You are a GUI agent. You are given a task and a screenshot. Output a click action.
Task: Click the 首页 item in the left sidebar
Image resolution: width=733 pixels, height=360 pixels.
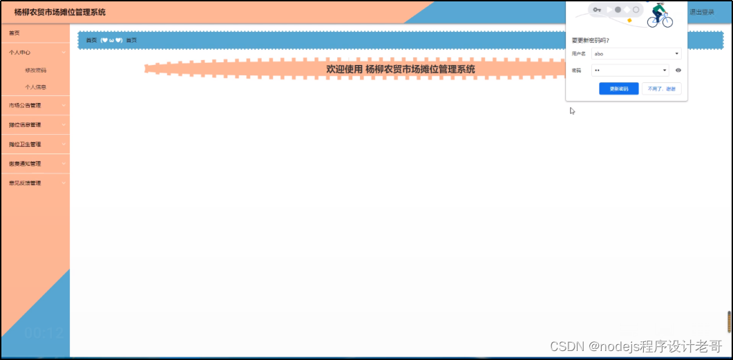[x=15, y=33]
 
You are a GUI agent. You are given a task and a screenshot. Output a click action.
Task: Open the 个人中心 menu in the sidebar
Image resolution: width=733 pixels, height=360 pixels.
[x=20, y=52]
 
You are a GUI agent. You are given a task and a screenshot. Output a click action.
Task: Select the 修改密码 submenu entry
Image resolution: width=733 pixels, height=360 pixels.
[x=36, y=70]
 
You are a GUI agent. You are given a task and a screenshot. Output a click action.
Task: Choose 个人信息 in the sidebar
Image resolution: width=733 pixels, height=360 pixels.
[x=36, y=88]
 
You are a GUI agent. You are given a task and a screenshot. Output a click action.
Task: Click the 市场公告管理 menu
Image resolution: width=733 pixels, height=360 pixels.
[x=25, y=106]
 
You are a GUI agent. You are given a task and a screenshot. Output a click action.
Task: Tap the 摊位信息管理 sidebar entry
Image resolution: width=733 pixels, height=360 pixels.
[x=25, y=125]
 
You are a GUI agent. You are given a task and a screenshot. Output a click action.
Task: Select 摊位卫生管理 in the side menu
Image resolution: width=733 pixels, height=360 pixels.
[x=25, y=144]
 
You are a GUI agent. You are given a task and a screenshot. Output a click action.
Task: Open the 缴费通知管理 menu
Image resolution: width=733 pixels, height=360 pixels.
[x=25, y=164]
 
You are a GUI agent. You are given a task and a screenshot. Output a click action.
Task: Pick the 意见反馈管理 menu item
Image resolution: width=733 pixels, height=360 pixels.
[x=25, y=183]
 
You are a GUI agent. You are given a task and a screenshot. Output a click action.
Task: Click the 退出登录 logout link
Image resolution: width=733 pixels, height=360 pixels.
[x=702, y=12]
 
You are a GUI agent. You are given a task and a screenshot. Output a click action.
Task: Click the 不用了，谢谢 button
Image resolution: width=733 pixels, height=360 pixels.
[x=662, y=88]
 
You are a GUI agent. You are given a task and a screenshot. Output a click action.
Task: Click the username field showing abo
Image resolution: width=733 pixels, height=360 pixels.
[x=632, y=53]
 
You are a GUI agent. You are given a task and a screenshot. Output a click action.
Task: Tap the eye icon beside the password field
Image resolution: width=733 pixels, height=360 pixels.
[x=678, y=70]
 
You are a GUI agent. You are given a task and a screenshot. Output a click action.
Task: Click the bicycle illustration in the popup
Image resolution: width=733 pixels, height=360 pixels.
[x=659, y=15]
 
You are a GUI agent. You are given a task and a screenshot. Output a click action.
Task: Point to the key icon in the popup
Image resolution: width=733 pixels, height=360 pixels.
[x=597, y=10]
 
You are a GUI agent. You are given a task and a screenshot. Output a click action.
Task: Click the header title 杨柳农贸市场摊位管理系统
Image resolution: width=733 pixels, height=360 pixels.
[x=60, y=12]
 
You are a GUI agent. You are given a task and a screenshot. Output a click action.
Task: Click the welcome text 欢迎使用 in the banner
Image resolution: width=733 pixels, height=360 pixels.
[x=344, y=69]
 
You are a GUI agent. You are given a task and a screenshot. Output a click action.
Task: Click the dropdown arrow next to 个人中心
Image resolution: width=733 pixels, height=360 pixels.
[x=64, y=52]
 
